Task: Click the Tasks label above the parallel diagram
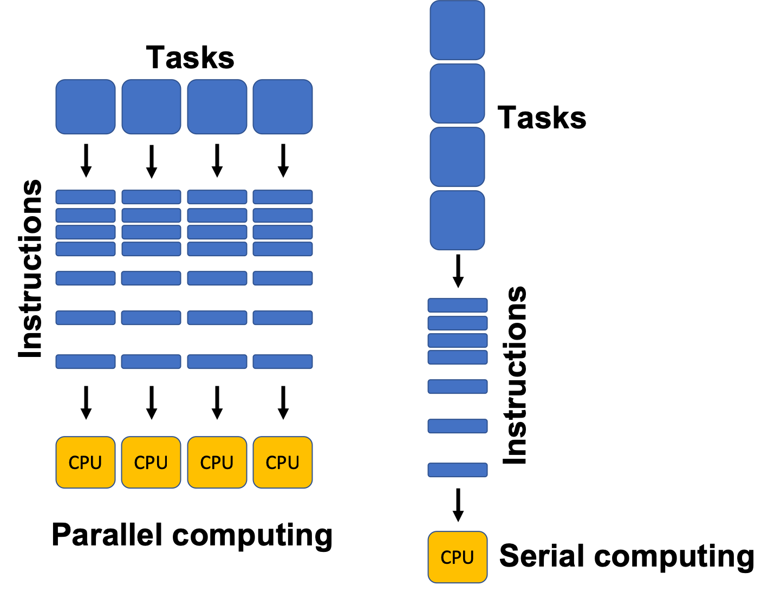click(x=190, y=57)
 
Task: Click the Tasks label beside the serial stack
click(x=541, y=118)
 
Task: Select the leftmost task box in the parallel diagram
click(x=86, y=107)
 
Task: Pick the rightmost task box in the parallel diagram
click(x=283, y=107)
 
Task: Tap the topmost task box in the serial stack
click(x=457, y=30)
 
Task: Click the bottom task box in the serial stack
click(x=457, y=220)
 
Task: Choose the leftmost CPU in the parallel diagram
click(x=86, y=463)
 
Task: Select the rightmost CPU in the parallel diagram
click(x=283, y=463)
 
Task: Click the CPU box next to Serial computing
click(x=457, y=557)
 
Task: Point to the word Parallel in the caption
click(x=107, y=535)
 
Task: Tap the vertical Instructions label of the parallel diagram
click(x=30, y=269)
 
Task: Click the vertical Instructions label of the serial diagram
click(x=515, y=375)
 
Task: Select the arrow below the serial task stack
click(x=458, y=271)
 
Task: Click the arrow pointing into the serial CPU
click(x=458, y=505)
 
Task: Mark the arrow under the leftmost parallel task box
click(x=86, y=161)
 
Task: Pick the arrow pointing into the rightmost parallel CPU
click(x=283, y=402)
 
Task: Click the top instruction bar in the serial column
click(x=458, y=305)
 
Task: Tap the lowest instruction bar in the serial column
click(x=458, y=470)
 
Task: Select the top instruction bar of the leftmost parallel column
click(x=86, y=197)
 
